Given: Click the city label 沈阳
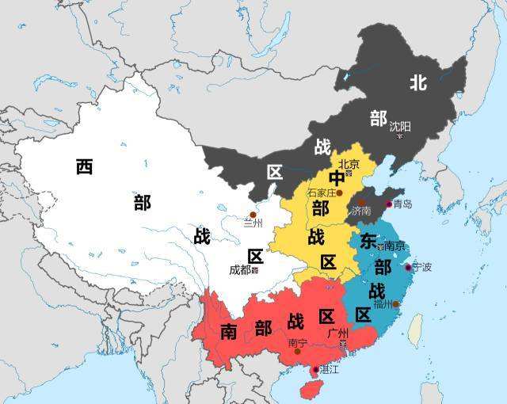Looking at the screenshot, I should pos(400,126).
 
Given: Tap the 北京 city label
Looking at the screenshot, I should pos(349,164).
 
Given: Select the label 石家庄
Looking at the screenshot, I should pos(321,192).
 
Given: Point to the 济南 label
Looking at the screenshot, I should pos(361,212).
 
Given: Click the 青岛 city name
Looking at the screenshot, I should pos(402,204).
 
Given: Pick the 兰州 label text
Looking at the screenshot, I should pos(253,223).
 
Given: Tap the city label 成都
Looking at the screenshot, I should pos(239,269).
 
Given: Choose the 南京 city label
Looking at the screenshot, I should pos(394,246).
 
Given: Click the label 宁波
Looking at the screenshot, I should pos(421,267).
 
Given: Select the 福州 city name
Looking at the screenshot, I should pos(383,303).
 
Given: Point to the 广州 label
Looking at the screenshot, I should pos(337,333).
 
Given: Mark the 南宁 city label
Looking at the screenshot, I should pos(298,342).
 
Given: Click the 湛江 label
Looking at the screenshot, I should pos(329,370).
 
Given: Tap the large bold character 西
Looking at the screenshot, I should pos(85,167).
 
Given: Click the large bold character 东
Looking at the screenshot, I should pos(368,241).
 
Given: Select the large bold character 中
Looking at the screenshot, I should pos(337,179).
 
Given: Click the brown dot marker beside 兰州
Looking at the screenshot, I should pos(253,214).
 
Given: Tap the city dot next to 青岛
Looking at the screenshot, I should pos(388,204).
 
